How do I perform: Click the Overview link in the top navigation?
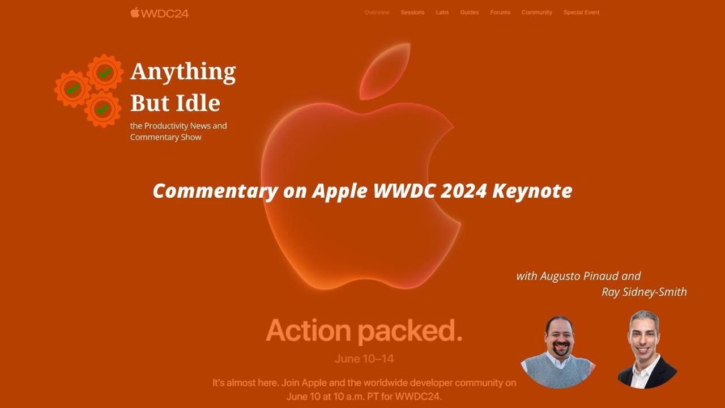pyautogui.click(x=377, y=12)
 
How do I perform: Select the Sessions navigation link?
pyautogui.click(x=412, y=12)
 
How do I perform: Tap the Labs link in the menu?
pyautogui.click(x=442, y=12)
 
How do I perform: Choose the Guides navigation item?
pyautogui.click(x=469, y=12)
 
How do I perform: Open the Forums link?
pyautogui.click(x=500, y=12)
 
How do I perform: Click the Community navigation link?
pyautogui.click(x=536, y=12)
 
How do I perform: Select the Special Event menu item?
pyautogui.click(x=581, y=12)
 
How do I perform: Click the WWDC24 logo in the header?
pyautogui.click(x=159, y=13)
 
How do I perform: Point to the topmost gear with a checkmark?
pyautogui.click(x=105, y=73)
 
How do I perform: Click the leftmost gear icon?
pyautogui.click(x=72, y=89)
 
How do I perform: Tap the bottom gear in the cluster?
pyautogui.click(x=103, y=109)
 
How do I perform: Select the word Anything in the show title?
pyautogui.click(x=183, y=72)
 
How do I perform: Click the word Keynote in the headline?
pyautogui.click(x=532, y=191)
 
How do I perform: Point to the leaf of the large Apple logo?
pyautogui.click(x=385, y=71)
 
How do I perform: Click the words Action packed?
pyautogui.click(x=364, y=330)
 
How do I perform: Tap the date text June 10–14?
pyautogui.click(x=364, y=359)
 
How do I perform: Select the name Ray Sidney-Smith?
pyautogui.click(x=644, y=292)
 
